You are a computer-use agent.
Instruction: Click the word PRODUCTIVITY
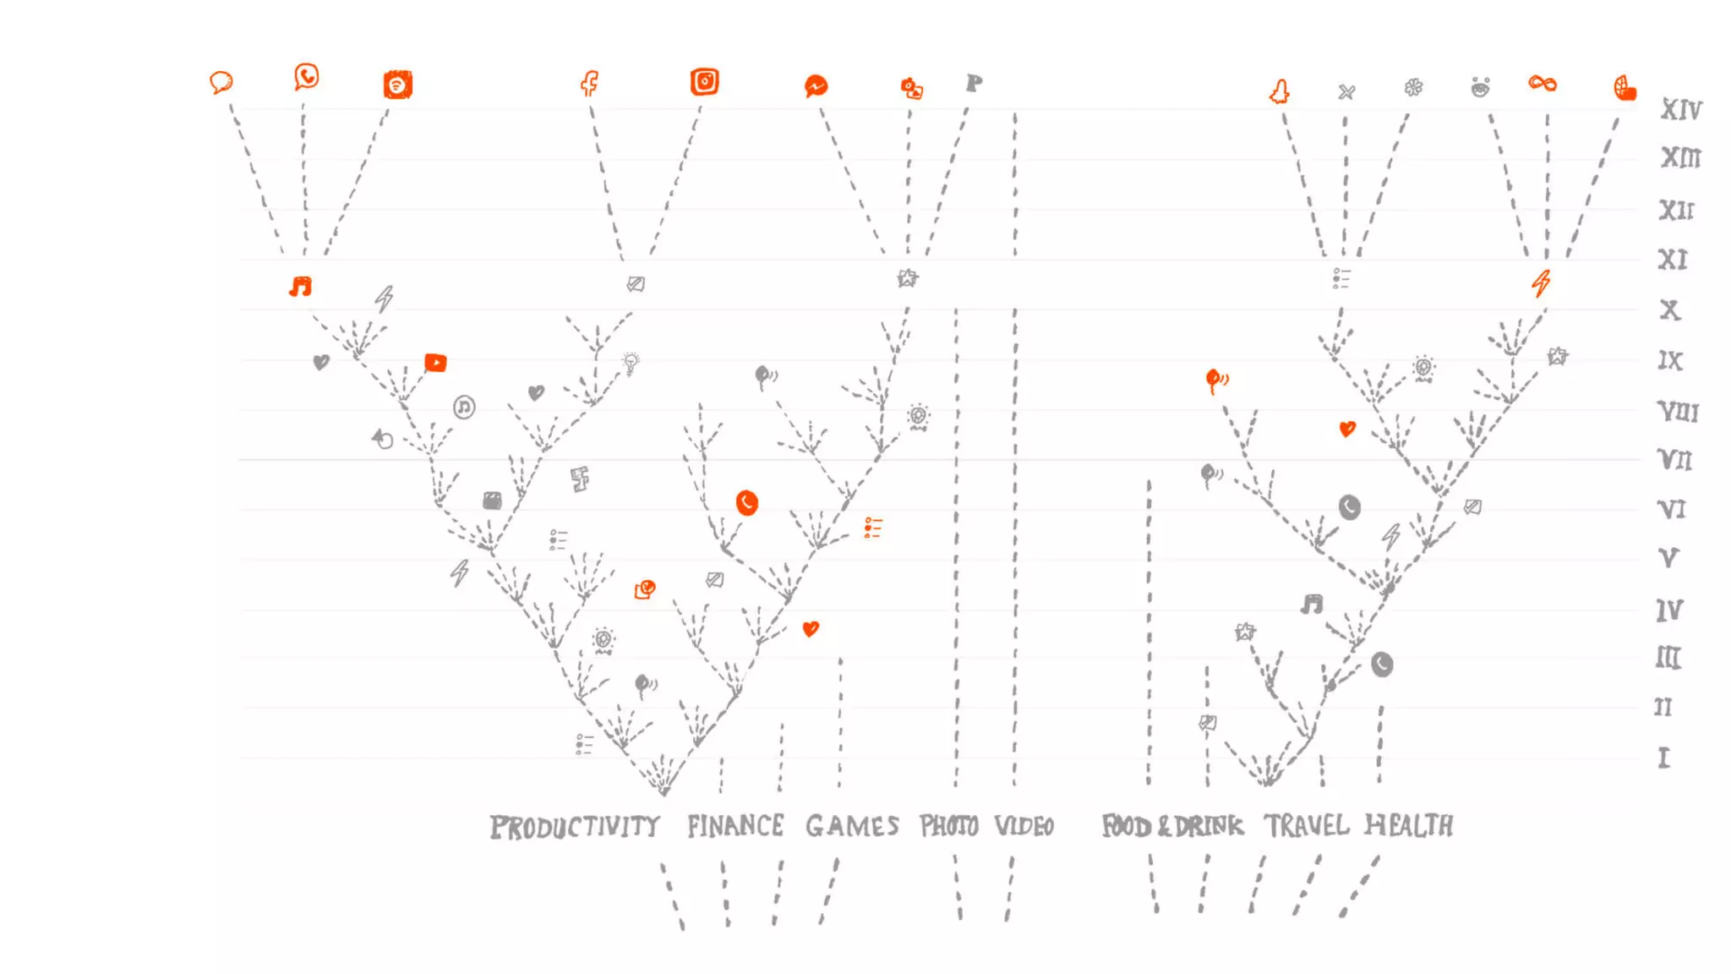pos(575,826)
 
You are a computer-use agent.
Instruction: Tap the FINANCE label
pos(734,825)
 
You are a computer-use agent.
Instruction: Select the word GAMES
pos(852,825)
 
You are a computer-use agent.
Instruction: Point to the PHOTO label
pos(948,825)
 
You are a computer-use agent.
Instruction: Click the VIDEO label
pos(1024,825)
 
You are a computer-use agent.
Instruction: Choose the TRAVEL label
pos(1306,824)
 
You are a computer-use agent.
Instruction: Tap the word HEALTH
pos(1409,824)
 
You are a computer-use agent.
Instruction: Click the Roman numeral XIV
pos(1680,109)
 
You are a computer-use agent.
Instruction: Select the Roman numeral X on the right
pos(1669,309)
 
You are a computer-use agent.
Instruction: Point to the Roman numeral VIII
pos(1677,412)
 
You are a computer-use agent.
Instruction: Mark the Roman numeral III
pos(1668,657)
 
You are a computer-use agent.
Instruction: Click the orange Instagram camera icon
pos(704,81)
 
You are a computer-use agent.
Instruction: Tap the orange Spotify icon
pos(397,85)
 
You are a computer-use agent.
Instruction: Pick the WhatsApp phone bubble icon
pos(306,77)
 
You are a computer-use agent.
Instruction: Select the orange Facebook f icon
pos(589,83)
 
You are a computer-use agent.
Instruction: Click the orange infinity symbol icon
pos(1543,83)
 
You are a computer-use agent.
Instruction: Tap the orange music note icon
pos(300,287)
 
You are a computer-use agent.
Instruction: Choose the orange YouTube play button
pos(435,363)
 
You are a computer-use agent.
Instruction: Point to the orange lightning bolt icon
pos(1541,282)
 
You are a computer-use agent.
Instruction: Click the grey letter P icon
pos(974,83)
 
